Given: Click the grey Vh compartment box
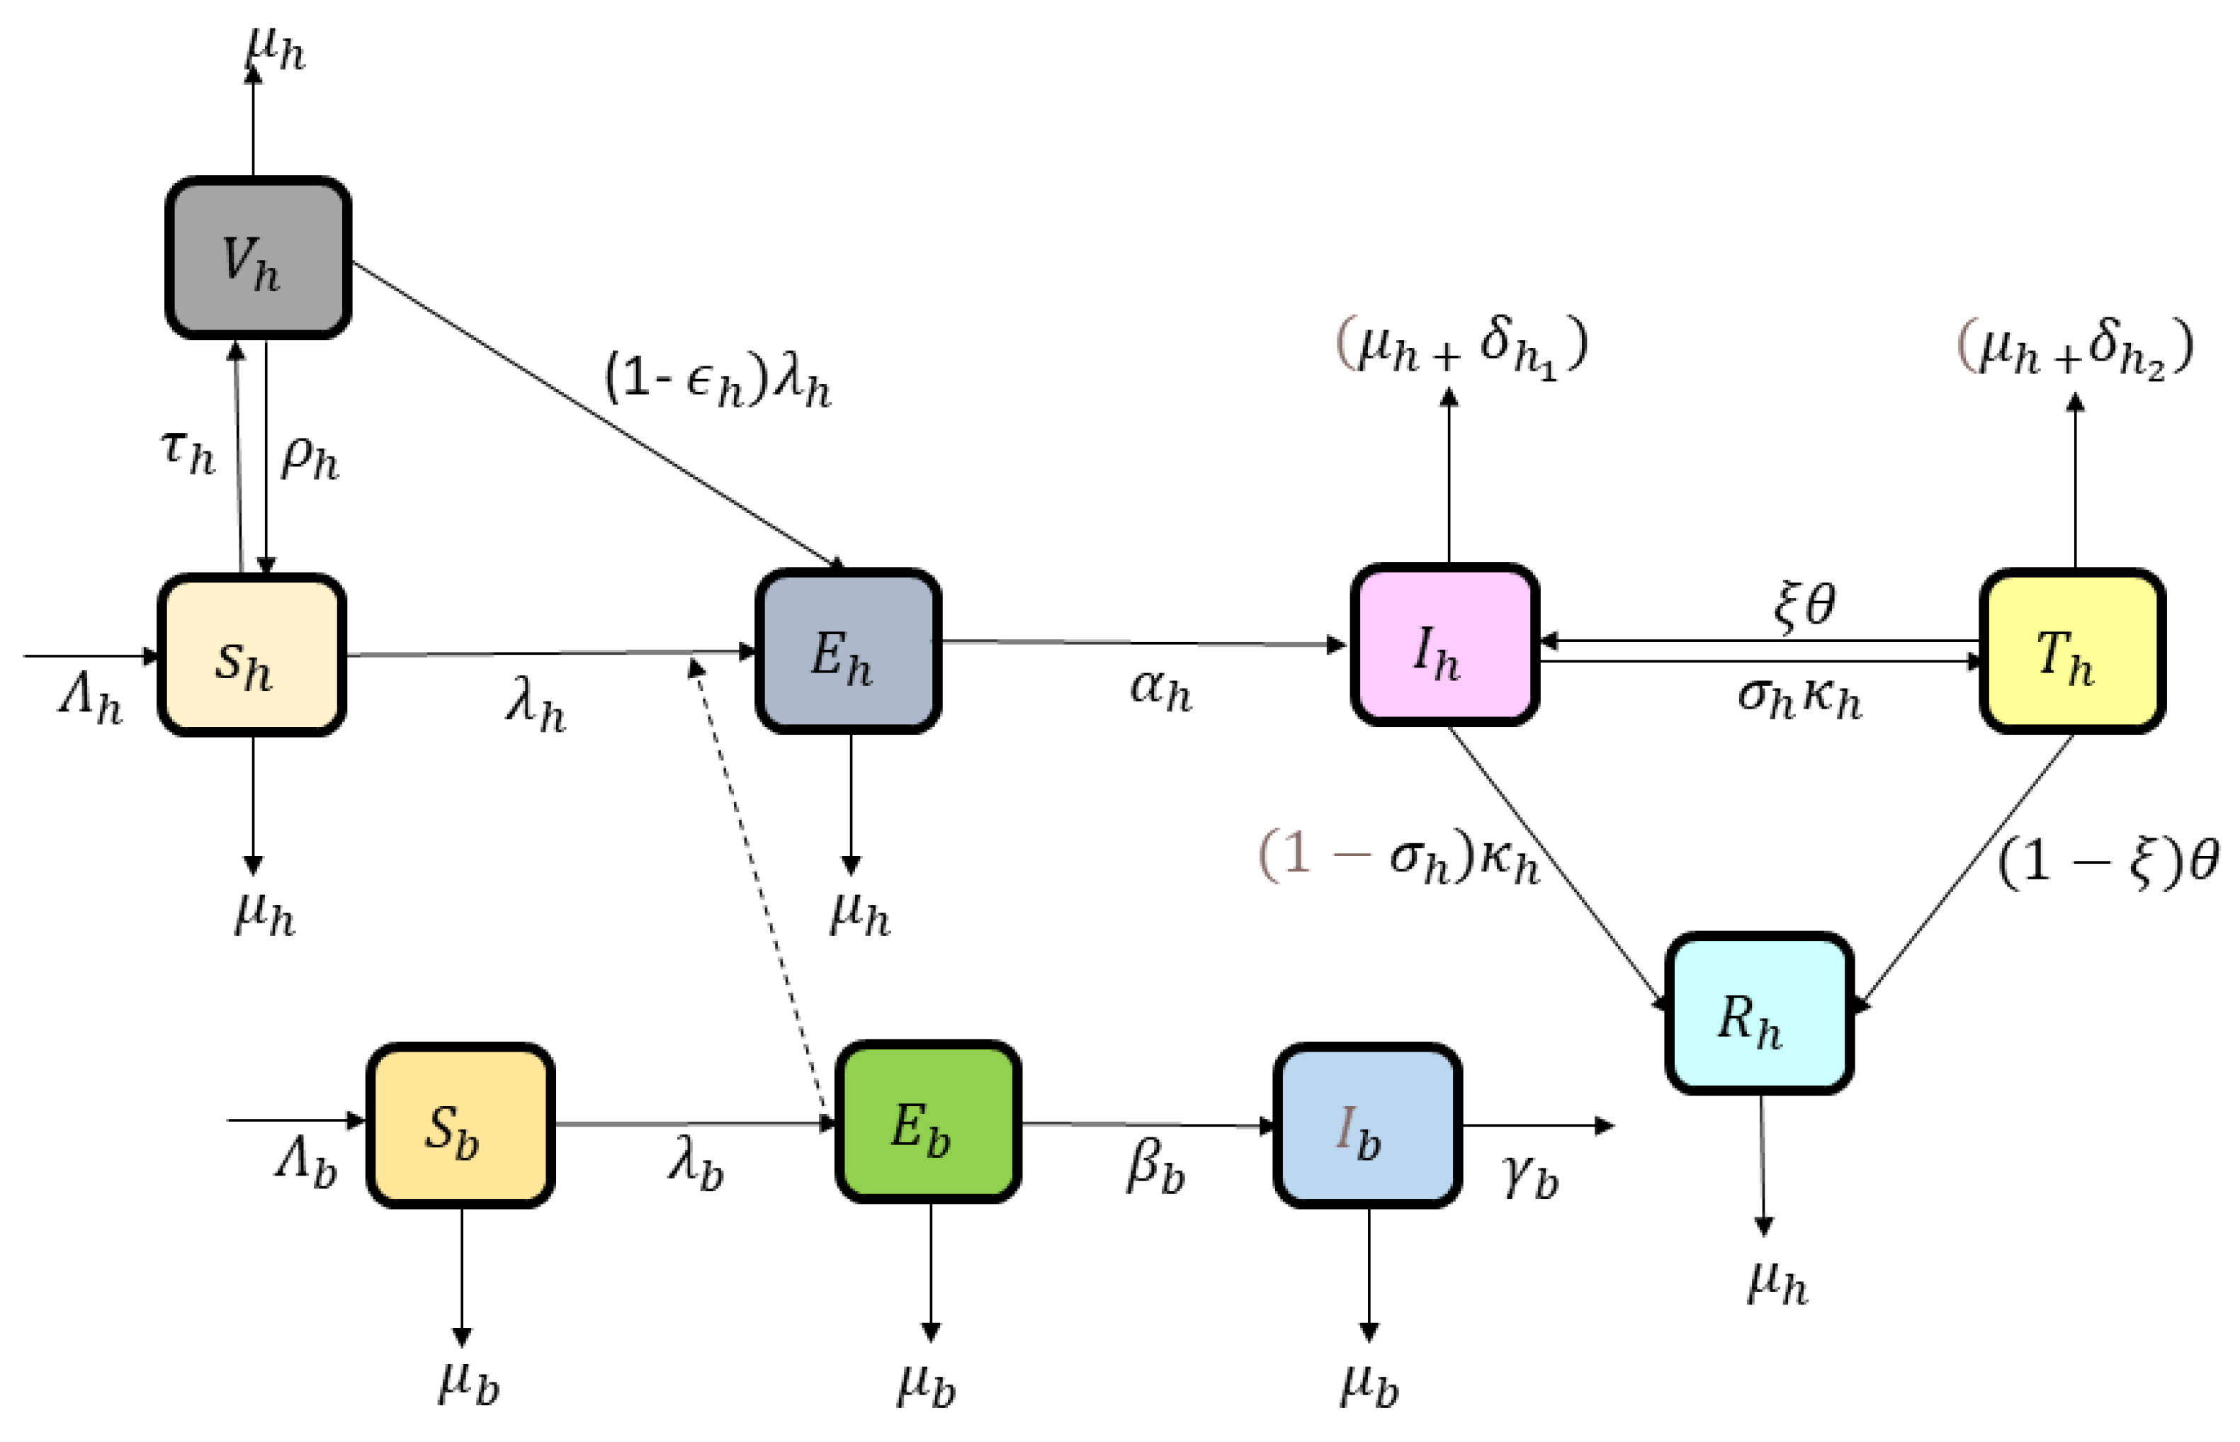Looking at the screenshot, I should (x=259, y=257).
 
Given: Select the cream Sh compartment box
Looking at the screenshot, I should (x=251, y=655).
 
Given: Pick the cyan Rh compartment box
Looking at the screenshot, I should (x=1759, y=1014).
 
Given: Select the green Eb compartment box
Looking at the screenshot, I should (x=927, y=1122).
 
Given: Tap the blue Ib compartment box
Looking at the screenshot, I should (x=1367, y=1127).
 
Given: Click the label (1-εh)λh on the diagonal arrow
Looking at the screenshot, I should (x=717, y=381).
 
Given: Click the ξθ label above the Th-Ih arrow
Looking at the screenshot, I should (x=1803, y=606).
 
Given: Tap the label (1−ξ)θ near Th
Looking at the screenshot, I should (x=2106, y=862).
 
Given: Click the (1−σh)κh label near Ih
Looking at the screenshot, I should (x=1398, y=857).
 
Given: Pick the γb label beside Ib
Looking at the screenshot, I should (x=1529, y=1177).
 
